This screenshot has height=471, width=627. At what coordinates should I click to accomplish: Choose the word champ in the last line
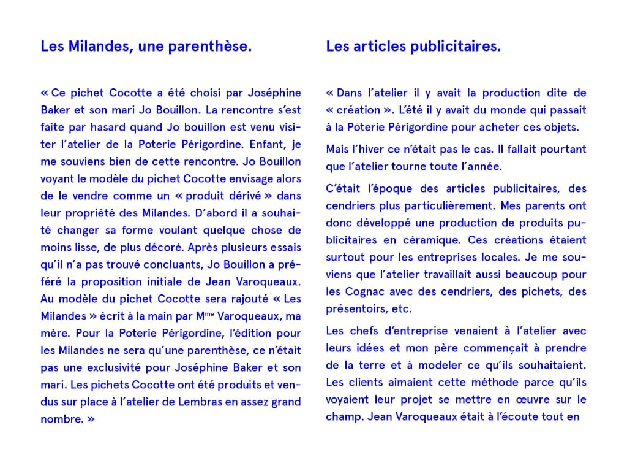pos(344,417)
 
